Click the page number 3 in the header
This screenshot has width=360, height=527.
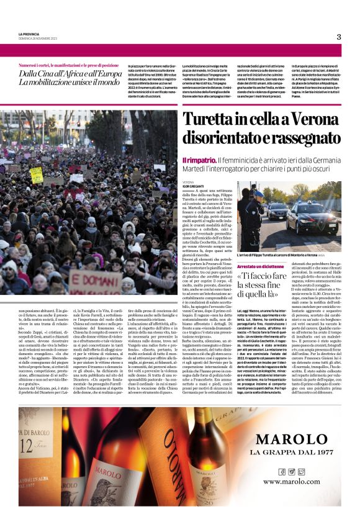point(339,37)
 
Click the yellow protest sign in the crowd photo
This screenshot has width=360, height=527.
point(36,174)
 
